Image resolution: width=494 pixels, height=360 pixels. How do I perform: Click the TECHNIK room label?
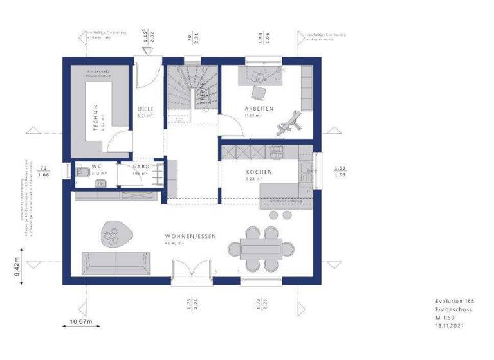(x=95, y=116)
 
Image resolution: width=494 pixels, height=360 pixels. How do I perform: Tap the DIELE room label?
(x=145, y=109)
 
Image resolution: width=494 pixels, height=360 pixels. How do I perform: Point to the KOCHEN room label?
(x=259, y=172)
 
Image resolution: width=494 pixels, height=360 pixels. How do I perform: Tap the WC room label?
(x=97, y=166)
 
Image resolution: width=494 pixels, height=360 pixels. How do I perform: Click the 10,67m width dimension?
(x=81, y=321)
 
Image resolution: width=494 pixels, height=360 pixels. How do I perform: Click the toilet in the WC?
(x=82, y=172)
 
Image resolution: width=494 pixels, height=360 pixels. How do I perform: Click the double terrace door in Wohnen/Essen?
(x=192, y=271)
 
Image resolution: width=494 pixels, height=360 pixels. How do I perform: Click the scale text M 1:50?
(x=441, y=318)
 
